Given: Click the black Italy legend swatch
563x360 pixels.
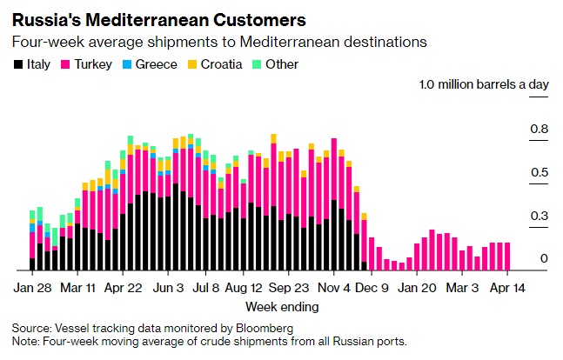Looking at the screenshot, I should point(17,64).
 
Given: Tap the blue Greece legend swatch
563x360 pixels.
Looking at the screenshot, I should point(129,64).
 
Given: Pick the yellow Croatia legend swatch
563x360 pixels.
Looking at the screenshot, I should point(191,64).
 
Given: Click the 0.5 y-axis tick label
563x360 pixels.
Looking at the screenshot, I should point(540,173).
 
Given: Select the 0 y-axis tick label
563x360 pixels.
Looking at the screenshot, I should point(544,259).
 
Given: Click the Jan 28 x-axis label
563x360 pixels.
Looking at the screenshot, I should point(33,286).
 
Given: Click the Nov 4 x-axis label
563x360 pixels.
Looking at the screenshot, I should point(334,286).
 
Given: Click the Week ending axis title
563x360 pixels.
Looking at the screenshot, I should point(281,307).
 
